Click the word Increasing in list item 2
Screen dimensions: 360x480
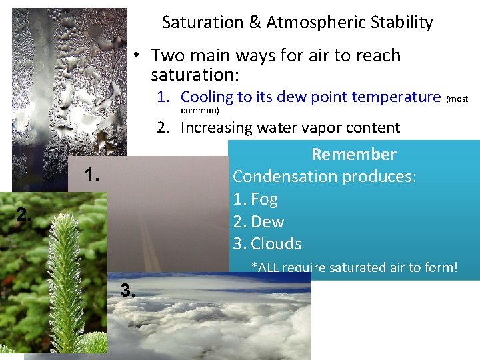[217, 127]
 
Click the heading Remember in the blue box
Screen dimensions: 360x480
[354, 155]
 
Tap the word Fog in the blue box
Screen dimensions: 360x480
[264, 199]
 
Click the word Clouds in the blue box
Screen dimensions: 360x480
[276, 244]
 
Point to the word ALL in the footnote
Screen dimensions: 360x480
[269, 268]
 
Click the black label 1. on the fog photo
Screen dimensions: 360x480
[92, 175]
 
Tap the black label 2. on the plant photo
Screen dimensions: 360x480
[24, 214]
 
